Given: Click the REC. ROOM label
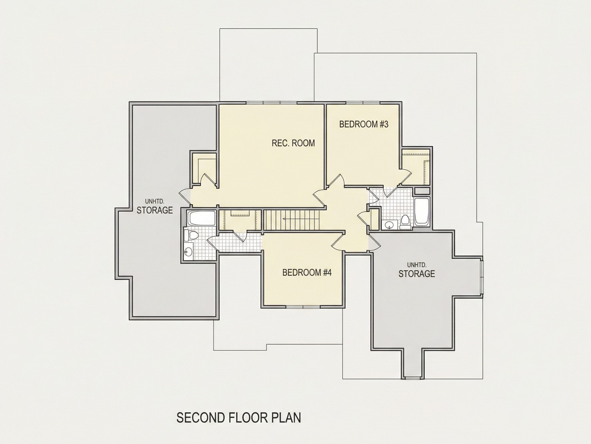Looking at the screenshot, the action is (293, 143).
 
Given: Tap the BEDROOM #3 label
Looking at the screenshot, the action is (364, 124).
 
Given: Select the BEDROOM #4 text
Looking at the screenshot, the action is (307, 272).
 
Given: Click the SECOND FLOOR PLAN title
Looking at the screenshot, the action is (239, 418).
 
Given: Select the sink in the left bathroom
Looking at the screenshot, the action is (188, 251).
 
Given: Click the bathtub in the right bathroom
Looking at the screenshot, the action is (422, 211).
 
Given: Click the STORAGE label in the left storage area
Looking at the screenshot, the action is (155, 210).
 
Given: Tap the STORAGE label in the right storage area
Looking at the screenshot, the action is (417, 274).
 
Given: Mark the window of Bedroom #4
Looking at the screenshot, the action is (303, 307).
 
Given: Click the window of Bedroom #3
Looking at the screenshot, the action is (363, 103).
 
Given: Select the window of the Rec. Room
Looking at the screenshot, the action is (271, 103).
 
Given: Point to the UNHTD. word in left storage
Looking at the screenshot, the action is (154, 201).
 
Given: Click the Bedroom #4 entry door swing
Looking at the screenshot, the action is (337, 242).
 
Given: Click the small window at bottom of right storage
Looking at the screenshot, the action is (413, 378).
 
